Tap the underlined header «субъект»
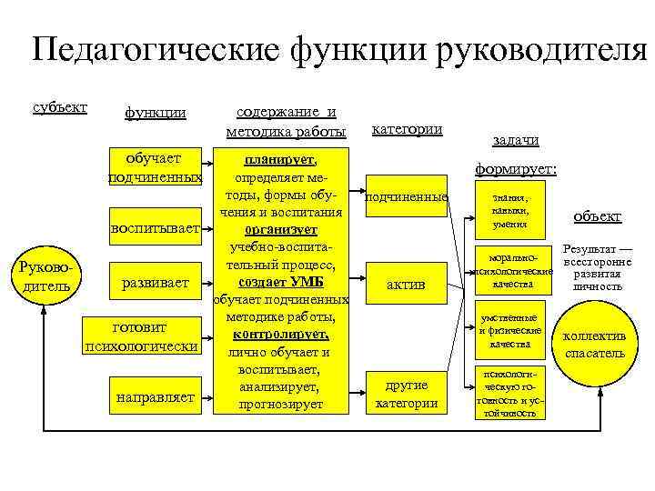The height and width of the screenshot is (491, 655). point(60,107)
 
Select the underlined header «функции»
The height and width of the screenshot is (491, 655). point(156,113)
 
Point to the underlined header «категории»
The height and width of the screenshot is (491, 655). point(408,129)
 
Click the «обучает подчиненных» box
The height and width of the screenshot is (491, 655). point(154,167)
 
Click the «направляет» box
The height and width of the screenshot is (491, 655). point(156,396)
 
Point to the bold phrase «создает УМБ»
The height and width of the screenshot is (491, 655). point(280,283)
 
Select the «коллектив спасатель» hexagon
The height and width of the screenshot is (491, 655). point(595,344)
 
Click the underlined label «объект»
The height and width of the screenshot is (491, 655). point(598,217)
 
